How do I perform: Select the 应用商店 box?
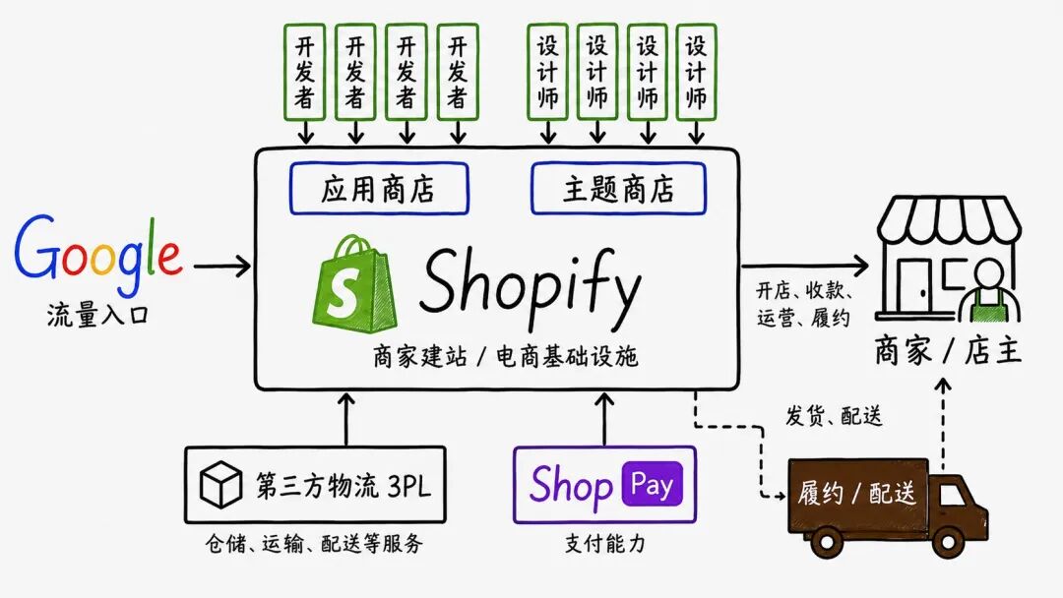378,188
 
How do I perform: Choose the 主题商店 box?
618,188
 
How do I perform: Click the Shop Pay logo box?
604,484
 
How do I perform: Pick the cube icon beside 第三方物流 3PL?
220,485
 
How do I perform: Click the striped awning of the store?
949,221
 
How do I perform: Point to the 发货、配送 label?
833,416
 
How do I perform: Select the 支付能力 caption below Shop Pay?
603,542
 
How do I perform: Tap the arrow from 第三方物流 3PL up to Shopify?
346,418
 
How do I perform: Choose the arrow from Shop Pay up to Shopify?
603,418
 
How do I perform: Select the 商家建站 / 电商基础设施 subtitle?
505,357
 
